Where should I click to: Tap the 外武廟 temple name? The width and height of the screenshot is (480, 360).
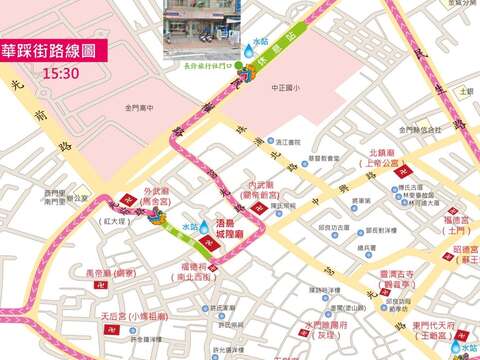coord(154,190)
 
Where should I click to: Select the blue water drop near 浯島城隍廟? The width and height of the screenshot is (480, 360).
coord(205,228)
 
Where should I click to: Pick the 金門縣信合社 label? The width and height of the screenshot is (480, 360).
coord(419,130)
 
